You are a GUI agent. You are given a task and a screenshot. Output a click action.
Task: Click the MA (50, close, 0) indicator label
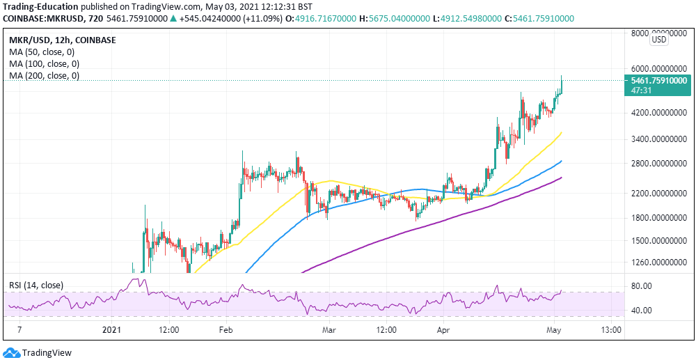(41, 52)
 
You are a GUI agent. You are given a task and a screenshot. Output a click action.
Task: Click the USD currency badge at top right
(658, 40)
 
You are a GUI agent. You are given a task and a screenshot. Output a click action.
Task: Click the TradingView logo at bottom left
(39, 352)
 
